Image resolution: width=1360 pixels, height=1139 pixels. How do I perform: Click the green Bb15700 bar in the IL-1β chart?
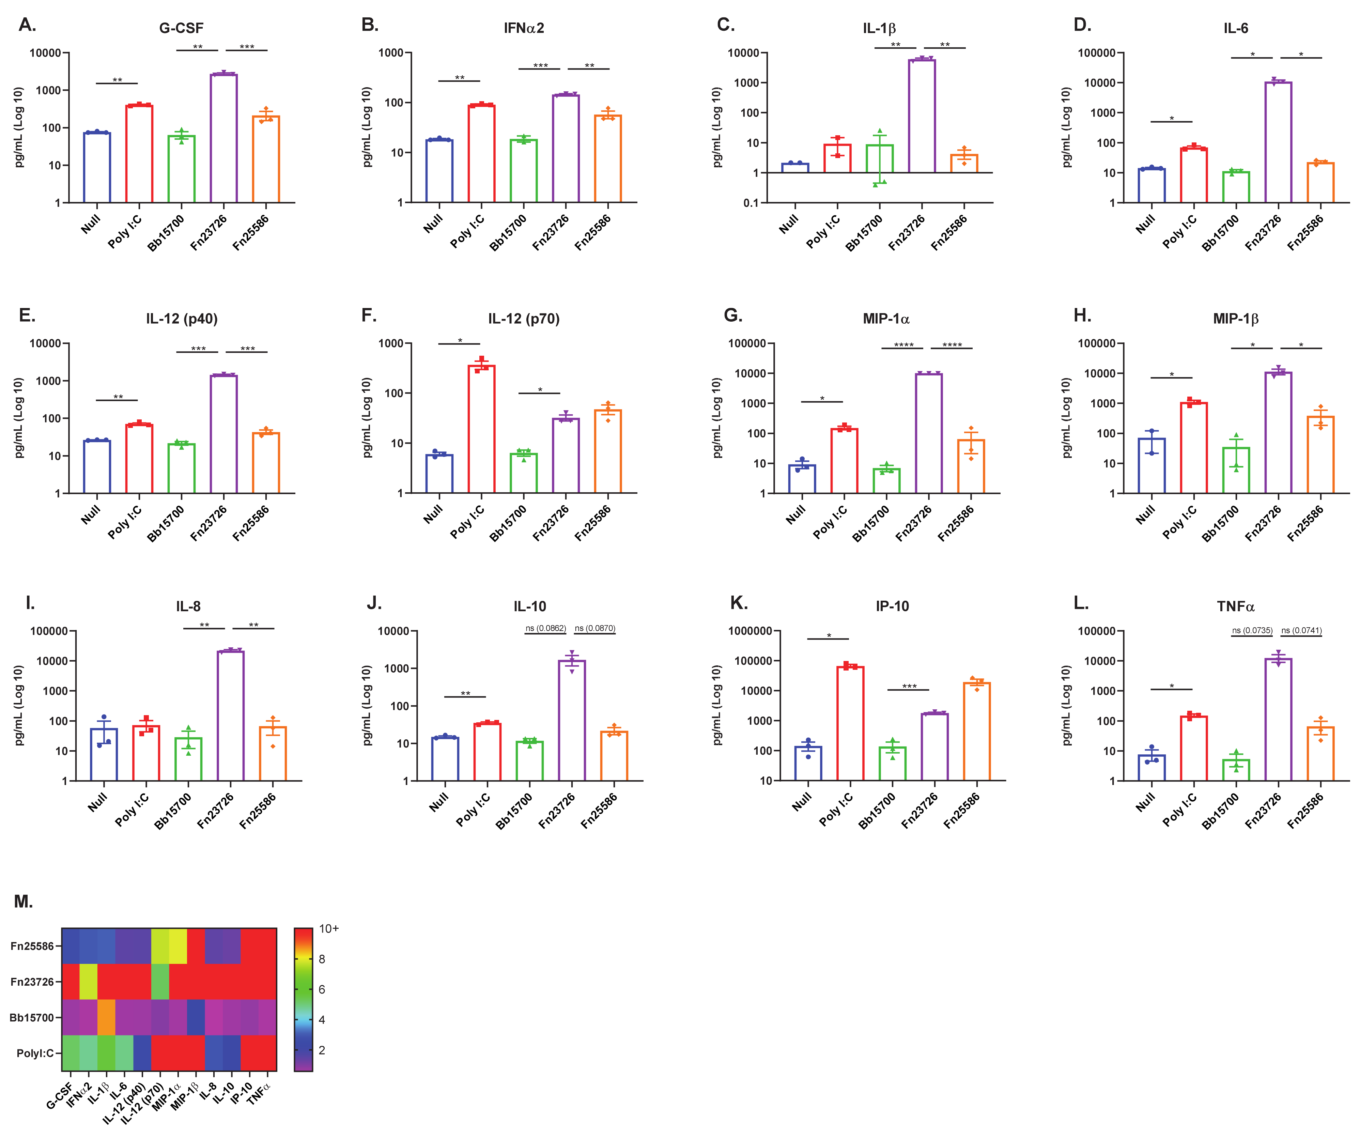pyautogui.click(x=879, y=159)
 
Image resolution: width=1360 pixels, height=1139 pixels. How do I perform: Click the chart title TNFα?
pyautogui.click(x=1236, y=607)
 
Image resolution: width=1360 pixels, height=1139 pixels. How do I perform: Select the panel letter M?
pyautogui.click(x=23, y=902)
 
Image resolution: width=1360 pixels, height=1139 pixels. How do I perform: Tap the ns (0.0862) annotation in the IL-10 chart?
pyautogui.click(x=545, y=628)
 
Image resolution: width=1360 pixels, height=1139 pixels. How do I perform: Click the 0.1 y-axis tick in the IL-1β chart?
pyautogui.click(x=751, y=203)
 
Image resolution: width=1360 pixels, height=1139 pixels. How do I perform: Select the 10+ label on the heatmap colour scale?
pyautogui.click(x=329, y=928)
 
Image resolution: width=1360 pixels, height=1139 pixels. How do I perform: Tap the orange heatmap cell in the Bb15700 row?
pyautogui.click(x=106, y=1017)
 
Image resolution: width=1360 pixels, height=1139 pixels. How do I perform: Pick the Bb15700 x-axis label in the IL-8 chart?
pyautogui.click(x=173, y=811)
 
